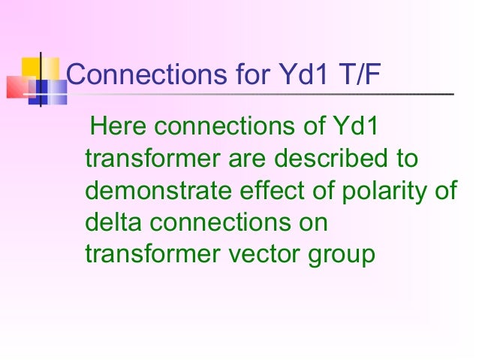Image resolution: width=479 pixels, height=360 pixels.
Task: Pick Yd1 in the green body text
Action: pos(352,129)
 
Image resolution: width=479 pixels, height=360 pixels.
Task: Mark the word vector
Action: pos(271,255)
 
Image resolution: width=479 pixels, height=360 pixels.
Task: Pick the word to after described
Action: pos(405,160)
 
